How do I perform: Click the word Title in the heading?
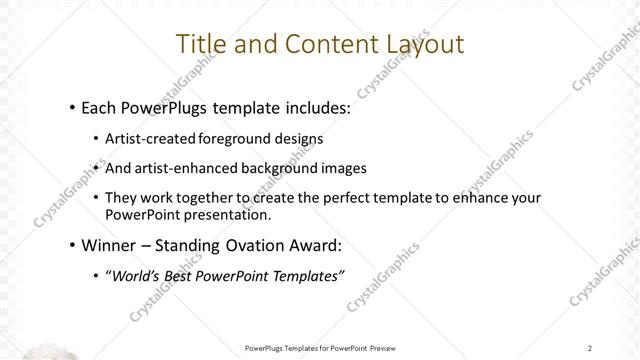198,44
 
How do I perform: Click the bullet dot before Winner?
73,245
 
